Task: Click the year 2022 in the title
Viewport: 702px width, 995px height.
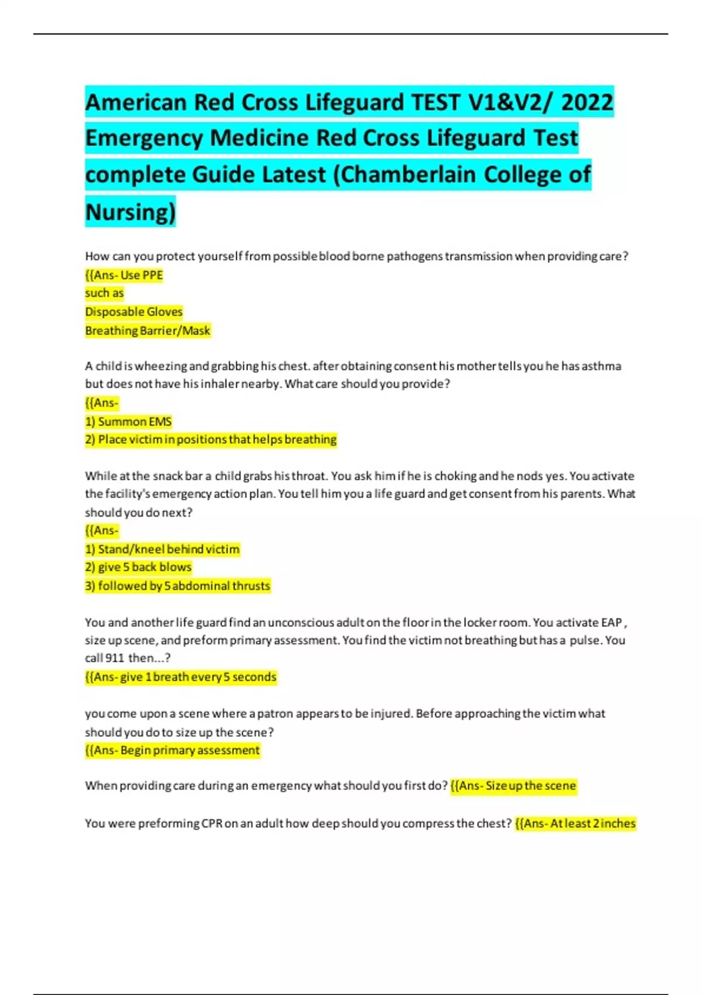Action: [587, 102]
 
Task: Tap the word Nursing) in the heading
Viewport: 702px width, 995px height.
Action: [130, 211]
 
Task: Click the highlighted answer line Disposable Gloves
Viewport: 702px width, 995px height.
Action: [134, 312]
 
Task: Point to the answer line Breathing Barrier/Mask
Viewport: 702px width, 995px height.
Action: [147, 331]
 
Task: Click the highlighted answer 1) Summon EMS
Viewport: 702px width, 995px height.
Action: [129, 421]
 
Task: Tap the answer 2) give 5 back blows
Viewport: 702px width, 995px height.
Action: [139, 567]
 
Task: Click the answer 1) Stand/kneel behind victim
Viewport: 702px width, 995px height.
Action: [163, 549]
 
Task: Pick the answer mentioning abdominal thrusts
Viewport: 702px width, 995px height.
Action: [178, 586]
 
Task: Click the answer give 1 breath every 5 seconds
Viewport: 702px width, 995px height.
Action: [181, 677]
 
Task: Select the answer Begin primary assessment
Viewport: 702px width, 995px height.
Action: [173, 750]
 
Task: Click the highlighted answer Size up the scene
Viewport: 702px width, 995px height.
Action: [514, 785]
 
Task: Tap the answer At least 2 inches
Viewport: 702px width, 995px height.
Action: [575, 824]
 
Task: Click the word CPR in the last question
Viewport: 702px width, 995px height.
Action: [212, 824]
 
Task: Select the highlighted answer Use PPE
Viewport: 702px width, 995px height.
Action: [124, 275]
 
